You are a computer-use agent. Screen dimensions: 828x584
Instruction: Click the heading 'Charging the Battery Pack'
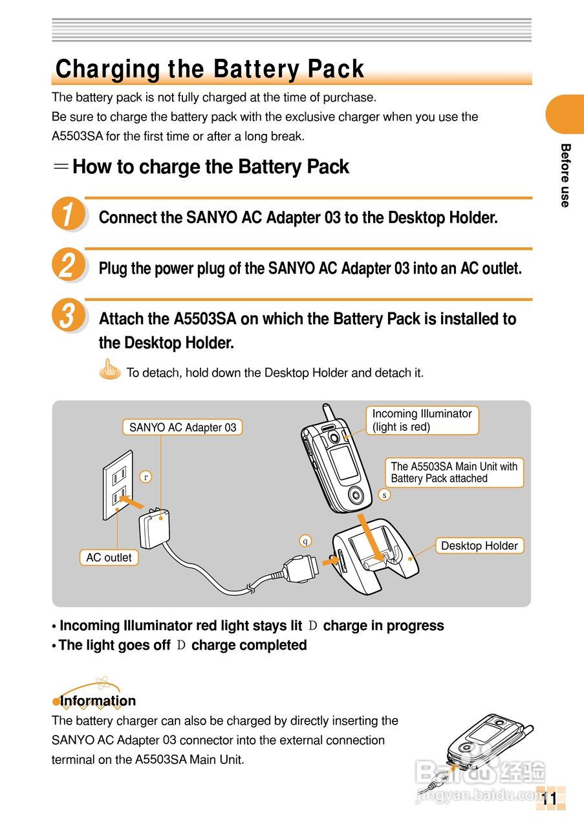(210, 69)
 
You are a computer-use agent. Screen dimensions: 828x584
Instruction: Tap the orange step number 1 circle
(68, 214)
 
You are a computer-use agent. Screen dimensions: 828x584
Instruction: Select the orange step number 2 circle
(68, 265)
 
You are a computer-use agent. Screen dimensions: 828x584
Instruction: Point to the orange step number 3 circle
(68, 316)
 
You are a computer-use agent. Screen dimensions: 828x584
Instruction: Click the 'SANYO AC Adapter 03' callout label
(182, 427)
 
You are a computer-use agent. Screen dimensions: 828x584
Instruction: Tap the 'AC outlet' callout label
(109, 558)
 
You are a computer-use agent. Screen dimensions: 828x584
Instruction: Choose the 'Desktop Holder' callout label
(479, 545)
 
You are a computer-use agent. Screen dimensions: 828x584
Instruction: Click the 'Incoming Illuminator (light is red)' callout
(422, 420)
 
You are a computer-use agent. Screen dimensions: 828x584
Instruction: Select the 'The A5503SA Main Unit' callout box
(454, 472)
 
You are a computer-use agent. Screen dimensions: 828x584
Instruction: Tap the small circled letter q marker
(305, 541)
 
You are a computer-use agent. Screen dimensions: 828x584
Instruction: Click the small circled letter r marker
(146, 477)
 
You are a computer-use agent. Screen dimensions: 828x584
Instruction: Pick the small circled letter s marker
(384, 495)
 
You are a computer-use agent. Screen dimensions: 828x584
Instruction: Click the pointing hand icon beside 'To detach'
(111, 371)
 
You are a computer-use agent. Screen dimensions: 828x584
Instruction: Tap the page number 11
(549, 798)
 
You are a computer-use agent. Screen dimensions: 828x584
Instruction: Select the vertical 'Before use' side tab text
(565, 175)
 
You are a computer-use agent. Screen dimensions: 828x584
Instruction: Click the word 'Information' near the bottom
(98, 701)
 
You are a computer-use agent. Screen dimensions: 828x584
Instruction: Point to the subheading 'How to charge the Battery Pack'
(210, 167)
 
